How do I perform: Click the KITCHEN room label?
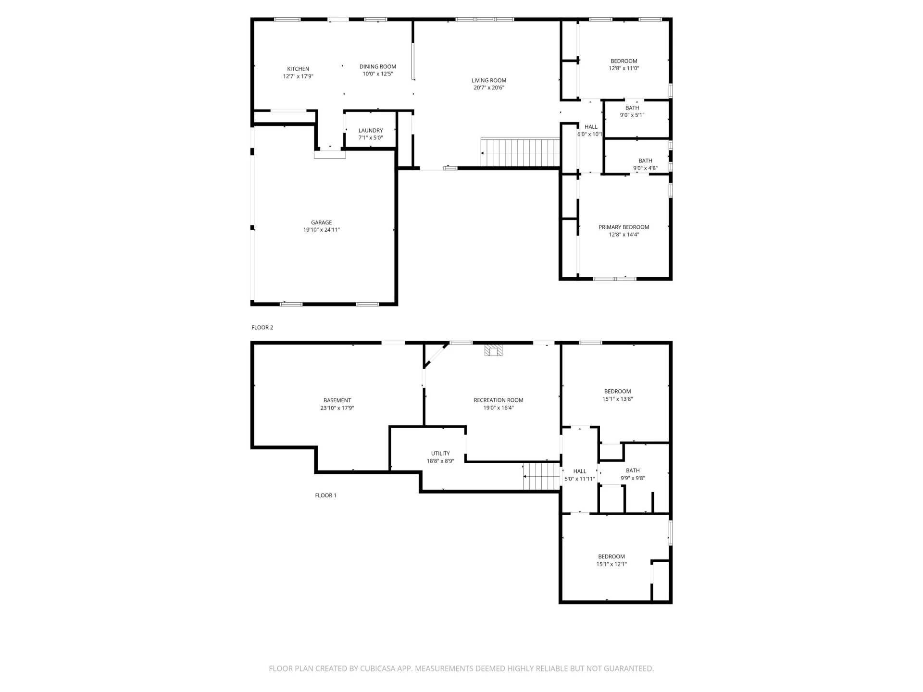coord(298,69)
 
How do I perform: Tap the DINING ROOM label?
coord(378,67)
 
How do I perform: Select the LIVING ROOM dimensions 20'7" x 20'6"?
coord(489,88)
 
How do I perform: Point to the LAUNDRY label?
coord(371,130)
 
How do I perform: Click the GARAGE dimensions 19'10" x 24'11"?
coord(322,230)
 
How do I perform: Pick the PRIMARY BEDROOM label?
coord(624,227)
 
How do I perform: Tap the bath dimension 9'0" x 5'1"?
coord(632,115)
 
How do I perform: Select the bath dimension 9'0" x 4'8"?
coord(645,168)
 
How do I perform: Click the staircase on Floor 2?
coord(521,152)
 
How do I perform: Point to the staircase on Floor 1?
coord(542,476)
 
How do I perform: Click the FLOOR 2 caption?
coord(262,328)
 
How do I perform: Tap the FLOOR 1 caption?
coord(326,495)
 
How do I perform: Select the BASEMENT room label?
coord(337,400)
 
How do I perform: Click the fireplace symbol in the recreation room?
coord(493,350)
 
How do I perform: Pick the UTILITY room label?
coord(440,454)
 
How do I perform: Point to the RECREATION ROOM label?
coord(499,400)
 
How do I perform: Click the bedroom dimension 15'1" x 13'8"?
coord(618,399)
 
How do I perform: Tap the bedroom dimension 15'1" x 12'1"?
coord(611,564)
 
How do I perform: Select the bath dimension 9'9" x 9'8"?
coord(633,478)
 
